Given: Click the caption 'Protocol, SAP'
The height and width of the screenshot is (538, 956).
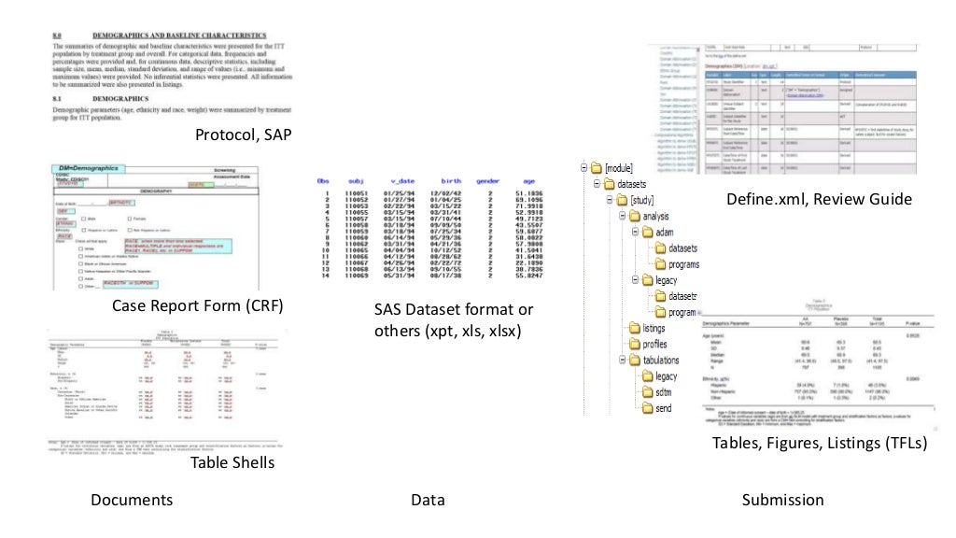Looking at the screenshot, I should tap(243, 135).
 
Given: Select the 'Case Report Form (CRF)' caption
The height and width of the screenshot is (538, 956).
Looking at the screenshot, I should tap(197, 305).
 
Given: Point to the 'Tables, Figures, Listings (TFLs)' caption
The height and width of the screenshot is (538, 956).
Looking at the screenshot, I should tap(818, 444).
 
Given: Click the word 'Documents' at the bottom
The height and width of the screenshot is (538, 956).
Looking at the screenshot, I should tap(131, 500).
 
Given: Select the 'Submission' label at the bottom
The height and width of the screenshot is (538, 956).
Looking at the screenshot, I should tap(782, 500).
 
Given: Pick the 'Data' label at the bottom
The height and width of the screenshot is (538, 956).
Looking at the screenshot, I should tap(427, 500).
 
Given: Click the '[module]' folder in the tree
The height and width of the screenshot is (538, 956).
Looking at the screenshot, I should tap(617, 167).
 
